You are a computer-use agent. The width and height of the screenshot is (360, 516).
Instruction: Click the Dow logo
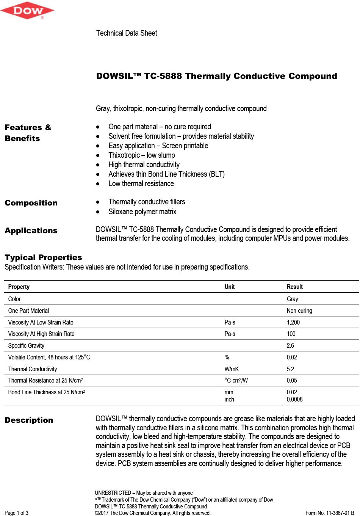pyautogui.click(x=27, y=11)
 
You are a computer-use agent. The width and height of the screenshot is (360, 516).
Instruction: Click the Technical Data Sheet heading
pyautogui.click(x=127, y=33)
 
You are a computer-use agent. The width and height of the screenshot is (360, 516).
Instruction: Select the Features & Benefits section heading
pyautogui.click(x=28, y=133)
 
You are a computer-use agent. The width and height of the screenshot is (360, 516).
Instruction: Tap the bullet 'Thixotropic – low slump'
pyautogui.click(x=141, y=155)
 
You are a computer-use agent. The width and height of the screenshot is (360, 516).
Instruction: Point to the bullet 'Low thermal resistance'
pyautogui.click(x=141, y=184)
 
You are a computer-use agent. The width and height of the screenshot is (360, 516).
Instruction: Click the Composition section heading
pyautogui.click(x=31, y=203)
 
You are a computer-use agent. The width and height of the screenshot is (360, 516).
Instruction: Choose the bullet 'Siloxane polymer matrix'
pyautogui.click(x=142, y=212)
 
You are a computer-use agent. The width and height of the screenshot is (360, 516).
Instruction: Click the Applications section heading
pyautogui.click(x=31, y=231)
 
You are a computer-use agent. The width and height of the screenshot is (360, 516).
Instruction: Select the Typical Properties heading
pyautogui.click(x=43, y=257)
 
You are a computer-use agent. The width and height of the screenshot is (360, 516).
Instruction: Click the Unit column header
pyautogui.click(x=230, y=287)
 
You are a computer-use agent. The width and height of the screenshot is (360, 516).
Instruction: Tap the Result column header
pyautogui.click(x=294, y=287)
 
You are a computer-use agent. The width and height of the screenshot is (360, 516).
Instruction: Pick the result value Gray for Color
pyautogui.click(x=292, y=299)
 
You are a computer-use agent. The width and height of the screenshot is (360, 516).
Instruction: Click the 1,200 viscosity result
pyautogui.click(x=293, y=322)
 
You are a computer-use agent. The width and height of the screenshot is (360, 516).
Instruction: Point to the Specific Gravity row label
pyautogui.click(x=26, y=345)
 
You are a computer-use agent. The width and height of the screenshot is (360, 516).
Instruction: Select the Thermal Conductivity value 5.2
pyautogui.click(x=290, y=369)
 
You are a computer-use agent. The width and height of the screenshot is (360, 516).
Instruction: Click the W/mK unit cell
pyautogui.click(x=232, y=369)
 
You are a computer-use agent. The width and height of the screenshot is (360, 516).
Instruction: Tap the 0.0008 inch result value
pyautogui.click(x=294, y=399)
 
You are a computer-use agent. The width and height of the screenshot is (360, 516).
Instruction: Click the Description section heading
pyautogui.click(x=29, y=420)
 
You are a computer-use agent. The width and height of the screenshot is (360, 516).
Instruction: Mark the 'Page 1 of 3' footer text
pyautogui.click(x=16, y=513)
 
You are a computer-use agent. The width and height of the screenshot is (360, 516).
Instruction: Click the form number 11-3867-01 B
pyautogui.click(x=330, y=513)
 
